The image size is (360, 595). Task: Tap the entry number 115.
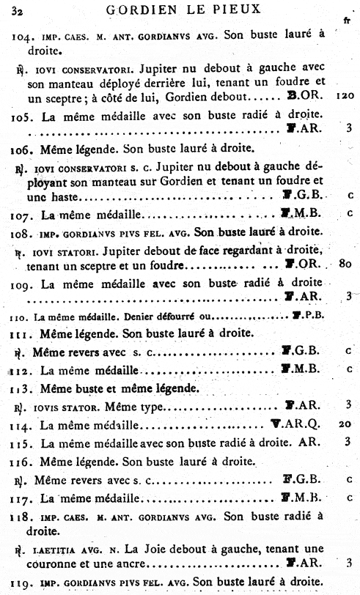coord(23,443)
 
